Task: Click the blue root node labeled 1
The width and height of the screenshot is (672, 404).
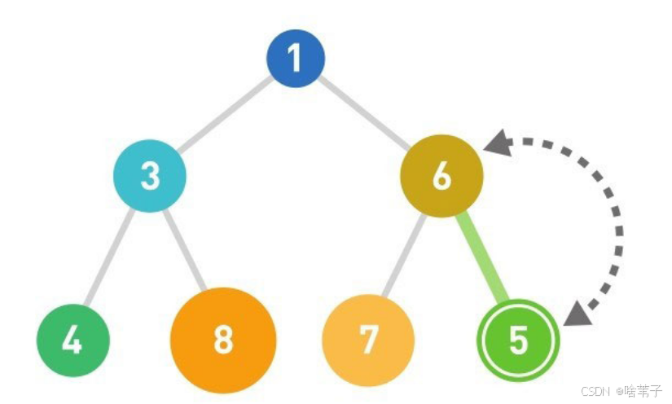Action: point(296,59)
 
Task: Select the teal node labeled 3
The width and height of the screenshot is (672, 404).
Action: point(150,175)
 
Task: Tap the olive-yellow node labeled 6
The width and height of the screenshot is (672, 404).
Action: point(441,176)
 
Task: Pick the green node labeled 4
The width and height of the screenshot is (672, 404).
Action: point(72,340)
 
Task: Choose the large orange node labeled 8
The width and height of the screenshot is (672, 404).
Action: point(223,340)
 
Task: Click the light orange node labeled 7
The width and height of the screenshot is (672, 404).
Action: point(368,340)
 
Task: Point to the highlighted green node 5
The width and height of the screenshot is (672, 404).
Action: point(518,340)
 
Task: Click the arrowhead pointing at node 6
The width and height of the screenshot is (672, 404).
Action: point(496,144)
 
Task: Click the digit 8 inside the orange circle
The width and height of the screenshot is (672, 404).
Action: point(223,340)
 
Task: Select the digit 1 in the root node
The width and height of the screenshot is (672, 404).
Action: point(296,59)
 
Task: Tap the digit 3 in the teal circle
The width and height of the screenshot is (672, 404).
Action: point(150,175)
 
